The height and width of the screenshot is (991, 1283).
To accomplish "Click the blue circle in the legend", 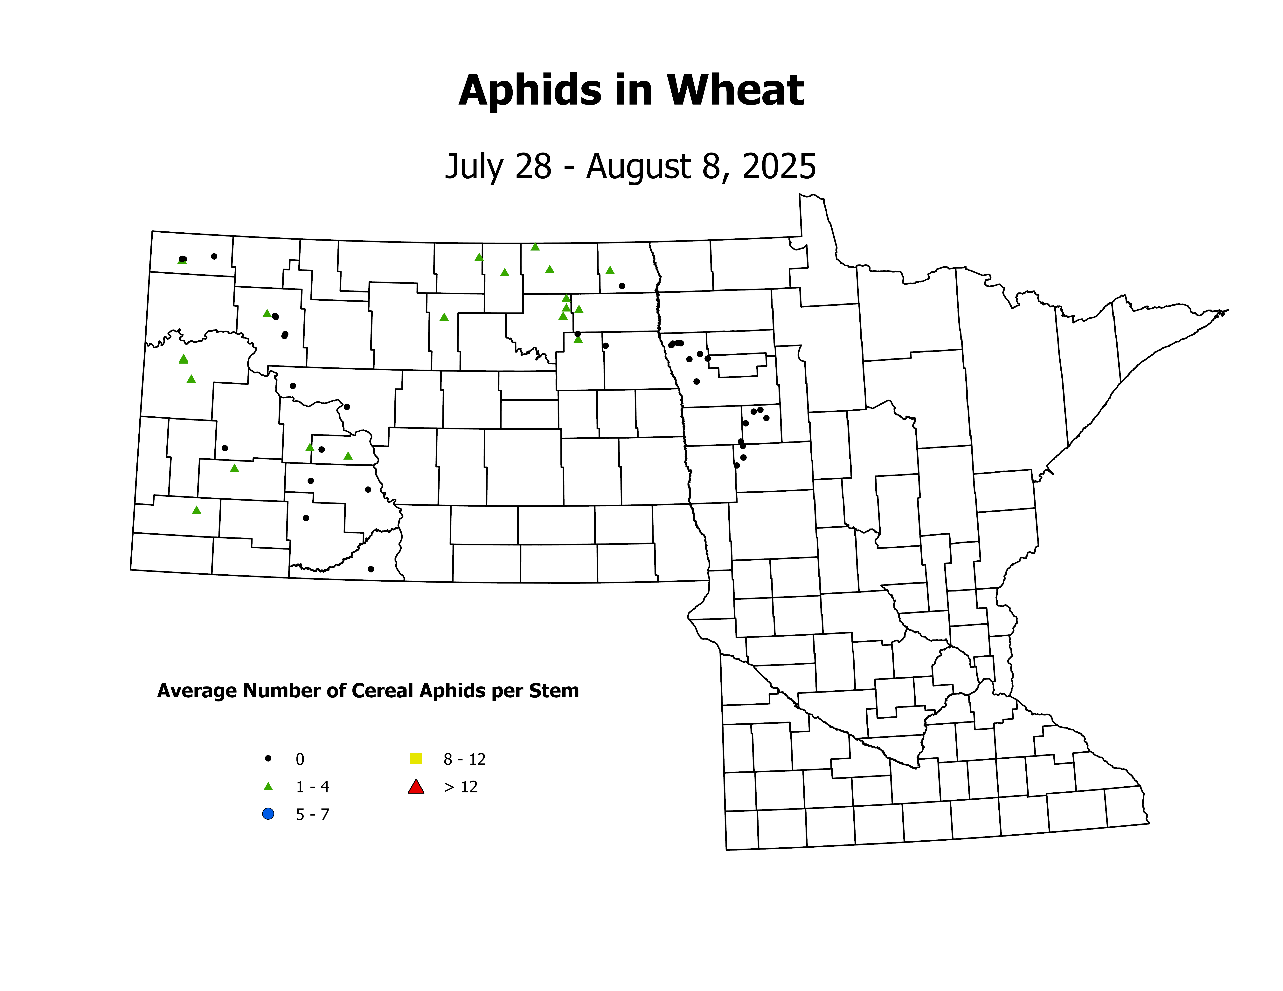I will coord(268,814).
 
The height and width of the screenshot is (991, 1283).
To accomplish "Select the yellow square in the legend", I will coord(416,759).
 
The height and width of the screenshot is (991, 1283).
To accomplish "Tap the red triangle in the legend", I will coord(416,787).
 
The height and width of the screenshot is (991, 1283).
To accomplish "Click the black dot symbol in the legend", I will coord(268,759).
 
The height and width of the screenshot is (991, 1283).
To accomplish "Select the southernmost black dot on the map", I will coord(371,569).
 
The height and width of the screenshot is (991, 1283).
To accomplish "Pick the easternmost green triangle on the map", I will coord(610,270).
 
